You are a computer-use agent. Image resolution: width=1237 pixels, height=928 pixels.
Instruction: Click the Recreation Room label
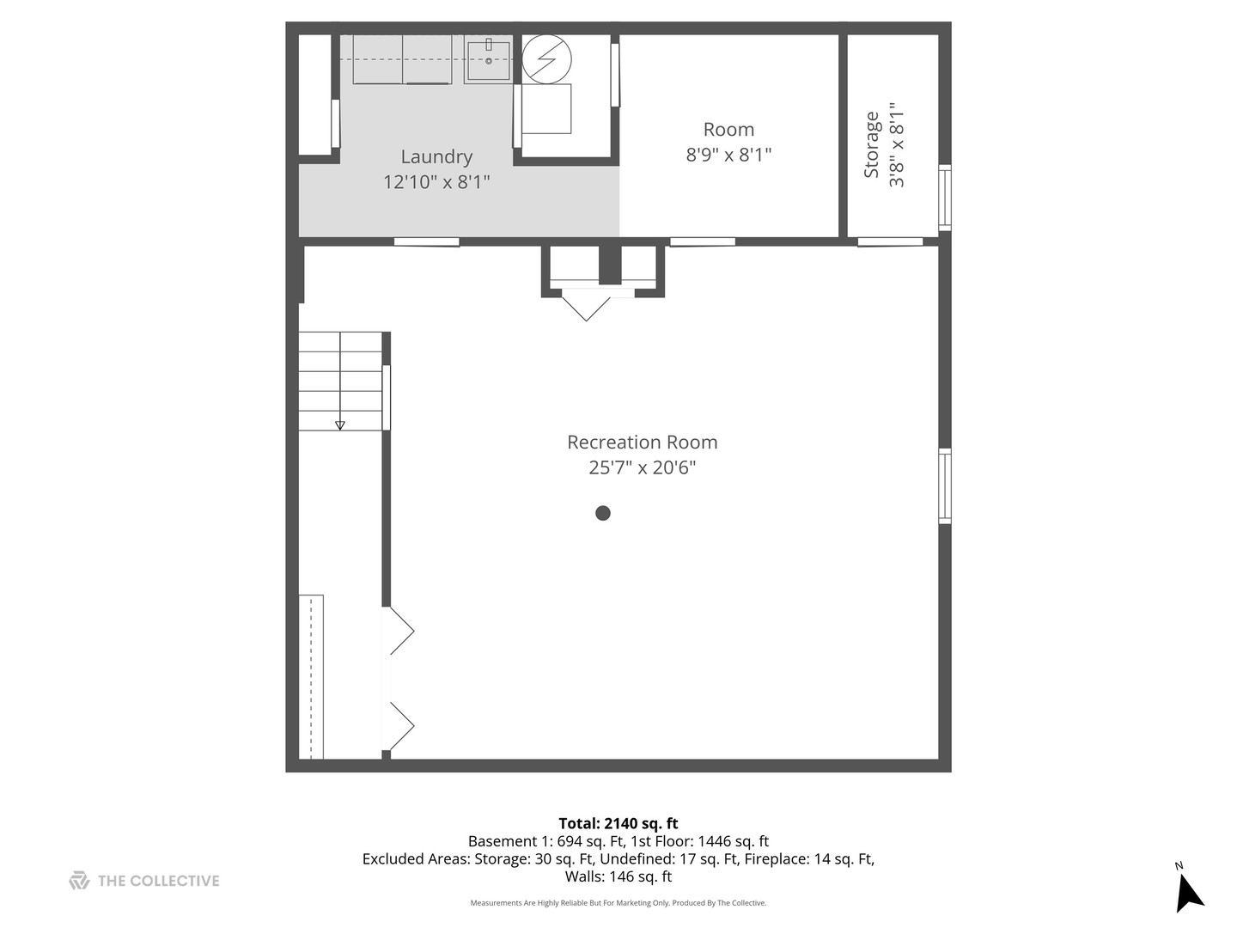642,443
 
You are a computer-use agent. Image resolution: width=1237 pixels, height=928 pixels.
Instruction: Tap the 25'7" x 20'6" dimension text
642,467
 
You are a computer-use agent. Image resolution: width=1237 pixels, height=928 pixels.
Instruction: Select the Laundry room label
436,156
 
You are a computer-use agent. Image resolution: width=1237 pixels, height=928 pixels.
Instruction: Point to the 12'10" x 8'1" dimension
436,181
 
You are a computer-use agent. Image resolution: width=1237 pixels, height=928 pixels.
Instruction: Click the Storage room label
872,144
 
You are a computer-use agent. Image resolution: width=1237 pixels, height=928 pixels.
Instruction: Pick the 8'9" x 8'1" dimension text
728,155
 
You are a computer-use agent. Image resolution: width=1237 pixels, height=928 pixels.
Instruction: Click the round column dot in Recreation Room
603,513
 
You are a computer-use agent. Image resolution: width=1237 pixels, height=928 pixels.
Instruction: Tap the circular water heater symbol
547,59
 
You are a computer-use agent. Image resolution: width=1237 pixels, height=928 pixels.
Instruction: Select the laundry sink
488,58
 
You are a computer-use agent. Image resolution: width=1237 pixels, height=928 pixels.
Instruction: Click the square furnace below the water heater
546,109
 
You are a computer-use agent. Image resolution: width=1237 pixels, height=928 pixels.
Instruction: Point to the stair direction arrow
340,424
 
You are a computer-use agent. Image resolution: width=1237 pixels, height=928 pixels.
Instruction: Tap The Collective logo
144,881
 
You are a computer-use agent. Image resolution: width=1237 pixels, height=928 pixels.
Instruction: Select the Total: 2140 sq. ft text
618,823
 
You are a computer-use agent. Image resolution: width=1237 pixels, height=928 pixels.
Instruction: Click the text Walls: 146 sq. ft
618,876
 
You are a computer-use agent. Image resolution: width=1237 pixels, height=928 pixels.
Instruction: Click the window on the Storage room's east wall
945,197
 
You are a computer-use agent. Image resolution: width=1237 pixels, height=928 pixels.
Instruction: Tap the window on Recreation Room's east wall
945,485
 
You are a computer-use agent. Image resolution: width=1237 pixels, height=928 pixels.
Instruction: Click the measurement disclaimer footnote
618,903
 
